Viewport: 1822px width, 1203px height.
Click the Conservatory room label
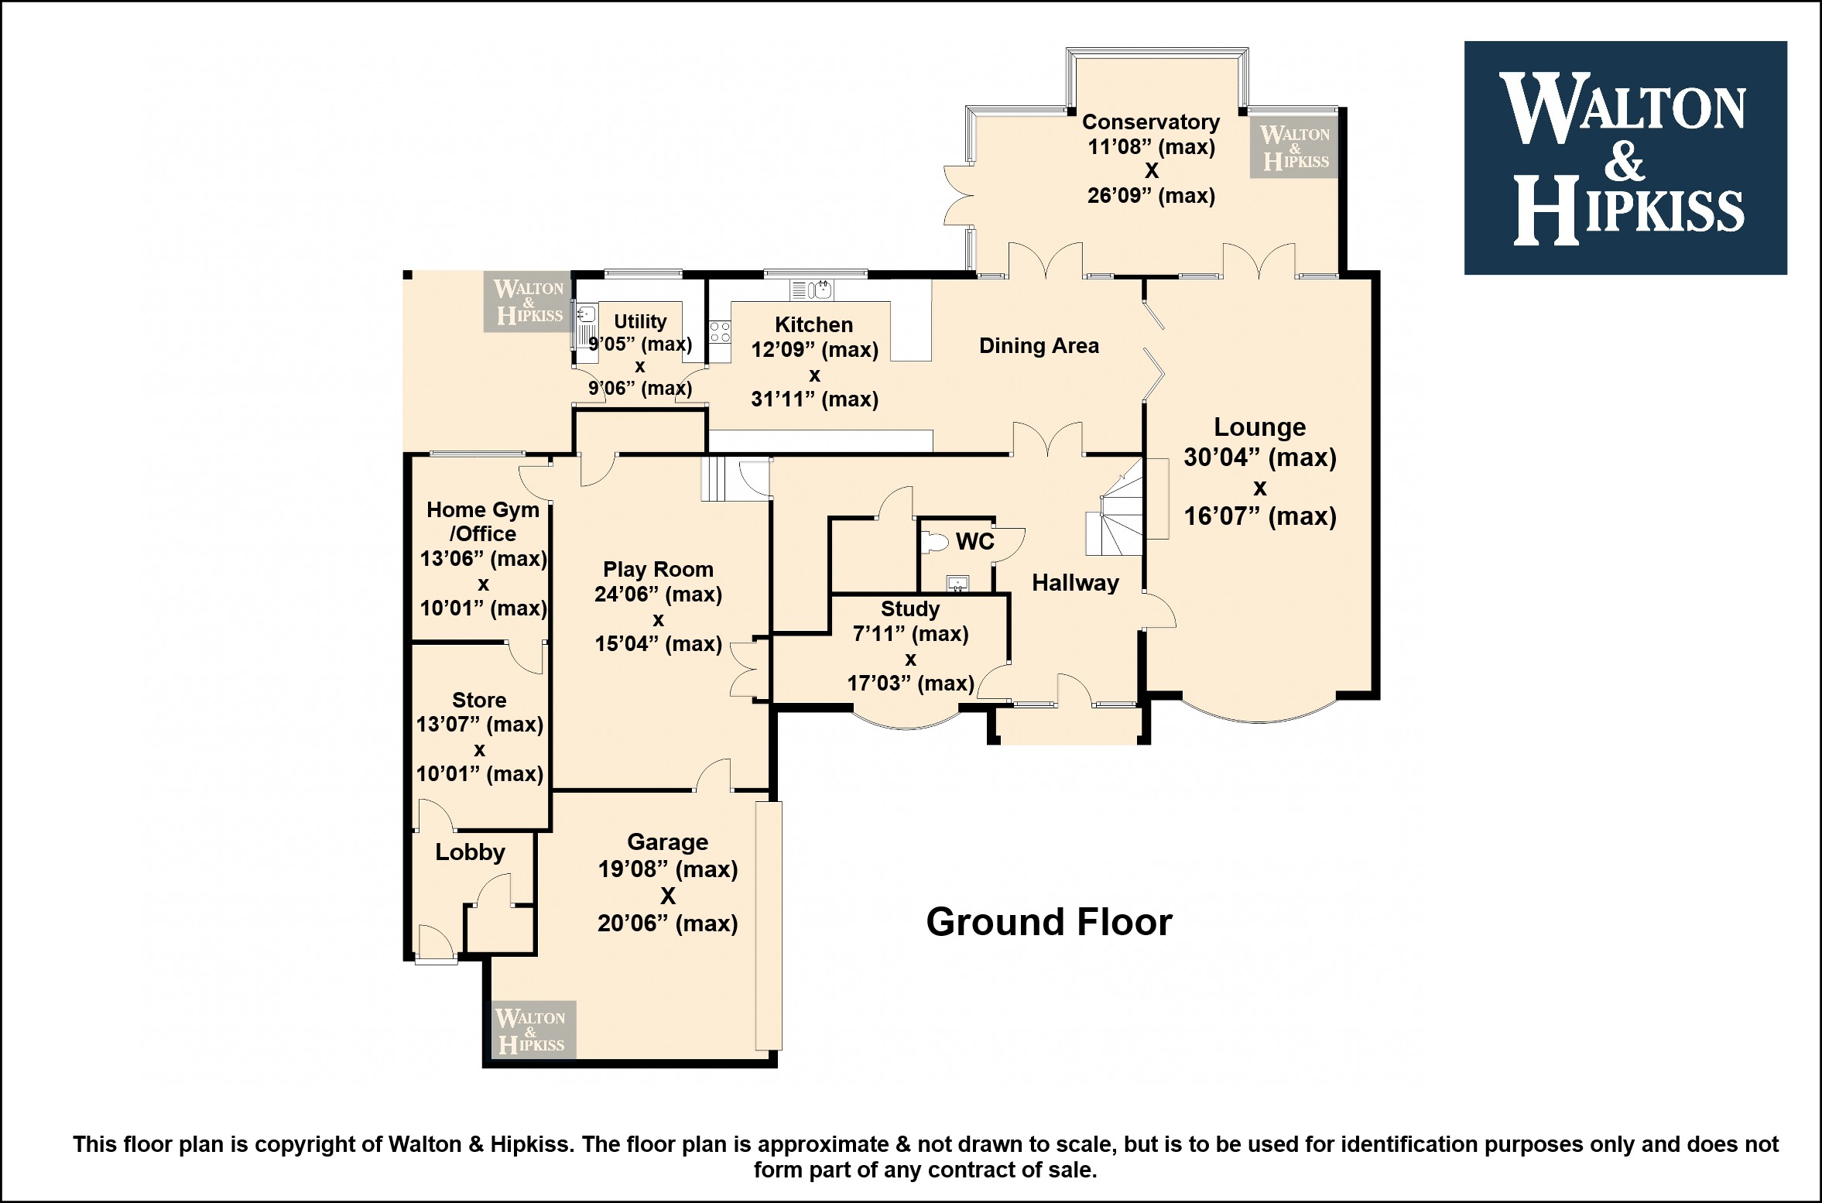pos(1151,122)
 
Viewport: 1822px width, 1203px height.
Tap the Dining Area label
pos(1039,346)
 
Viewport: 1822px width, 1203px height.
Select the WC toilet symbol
pos(935,542)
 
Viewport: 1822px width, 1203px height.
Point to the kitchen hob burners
pos(720,333)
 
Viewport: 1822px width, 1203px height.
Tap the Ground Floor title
pos(1049,922)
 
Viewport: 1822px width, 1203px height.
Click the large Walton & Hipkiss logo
pos(1625,158)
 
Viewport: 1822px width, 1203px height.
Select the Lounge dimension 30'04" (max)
pos(1260,458)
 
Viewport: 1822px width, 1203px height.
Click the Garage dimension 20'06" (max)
pos(667,924)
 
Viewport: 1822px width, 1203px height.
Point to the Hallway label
pos(1075,583)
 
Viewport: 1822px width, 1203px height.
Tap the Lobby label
pos(470,852)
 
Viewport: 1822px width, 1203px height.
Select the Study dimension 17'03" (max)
pos(910,684)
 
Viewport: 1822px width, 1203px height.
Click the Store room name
pos(479,701)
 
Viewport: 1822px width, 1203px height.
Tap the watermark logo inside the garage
pos(534,1029)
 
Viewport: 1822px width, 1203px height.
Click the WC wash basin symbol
pos(957,584)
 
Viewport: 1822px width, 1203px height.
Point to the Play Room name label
pos(658,570)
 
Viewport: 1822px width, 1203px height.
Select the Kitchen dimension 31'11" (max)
pos(814,399)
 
